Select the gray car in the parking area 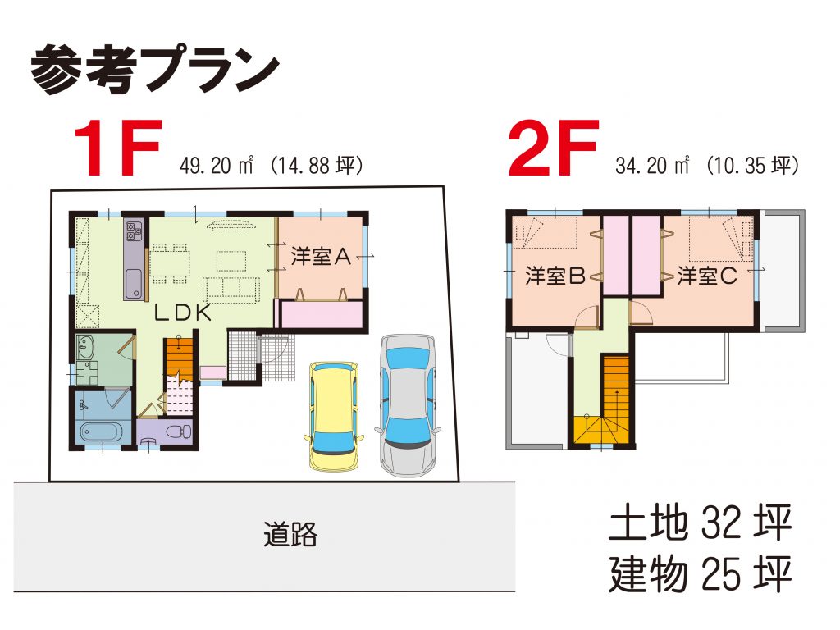pos(409,405)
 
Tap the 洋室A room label pos(321,257)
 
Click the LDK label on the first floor pos(183,313)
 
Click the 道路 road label pos(290,534)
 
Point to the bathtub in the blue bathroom pos(102,431)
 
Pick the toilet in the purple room pos(179,431)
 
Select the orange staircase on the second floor pos(616,387)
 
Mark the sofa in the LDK pos(231,290)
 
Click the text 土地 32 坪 pos(701,523)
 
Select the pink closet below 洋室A pos(322,314)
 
